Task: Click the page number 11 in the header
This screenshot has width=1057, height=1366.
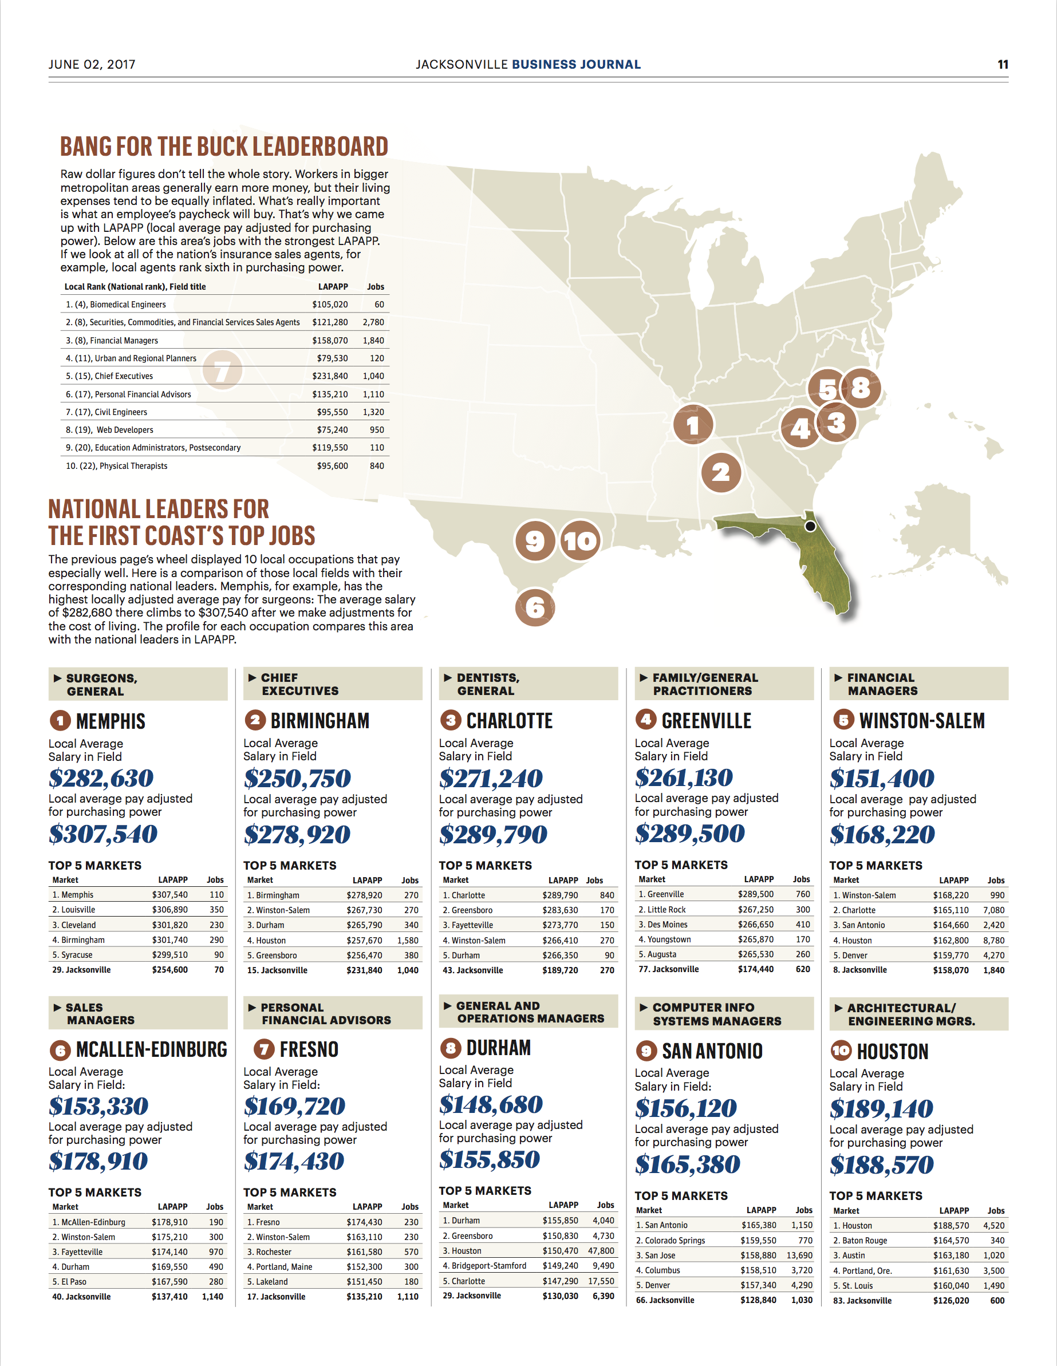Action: pyautogui.click(x=1002, y=65)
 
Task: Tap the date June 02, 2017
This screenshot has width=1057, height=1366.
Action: pyautogui.click(x=92, y=65)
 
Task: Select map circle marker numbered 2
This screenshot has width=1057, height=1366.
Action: pyautogui.click(x=720, y=473)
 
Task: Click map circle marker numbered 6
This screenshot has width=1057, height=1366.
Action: pyautogui.click(x=535, y=607)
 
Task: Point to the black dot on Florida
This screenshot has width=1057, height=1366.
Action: pyautogui.click(x=810, y=526)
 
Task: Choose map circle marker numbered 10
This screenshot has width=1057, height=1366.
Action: pyautogui.click(x=581, y=541)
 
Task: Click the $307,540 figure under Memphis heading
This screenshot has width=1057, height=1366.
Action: pyautogui.click(x=103, y=834)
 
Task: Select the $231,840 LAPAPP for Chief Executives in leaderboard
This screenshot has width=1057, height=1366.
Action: pyautogui.click(x=330, y=376)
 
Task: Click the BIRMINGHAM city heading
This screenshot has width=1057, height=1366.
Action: pyautogui.click(x=320, y=721)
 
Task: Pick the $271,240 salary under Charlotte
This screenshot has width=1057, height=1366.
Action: pyautogui.click(x=490, y=779)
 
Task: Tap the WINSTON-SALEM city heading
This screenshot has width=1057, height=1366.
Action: pyautogui.click(x=921, y=721)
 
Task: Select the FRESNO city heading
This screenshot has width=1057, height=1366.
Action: pyautogui.click(x=309, y=1049)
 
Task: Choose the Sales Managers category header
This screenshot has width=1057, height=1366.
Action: pyautogui.click(x=100, y=1013)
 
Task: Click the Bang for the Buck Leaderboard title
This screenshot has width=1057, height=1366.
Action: pyautogui.click(x=224, y=147)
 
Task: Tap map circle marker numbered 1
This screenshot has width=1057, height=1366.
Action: pyautogui.click(x=692, y=425)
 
